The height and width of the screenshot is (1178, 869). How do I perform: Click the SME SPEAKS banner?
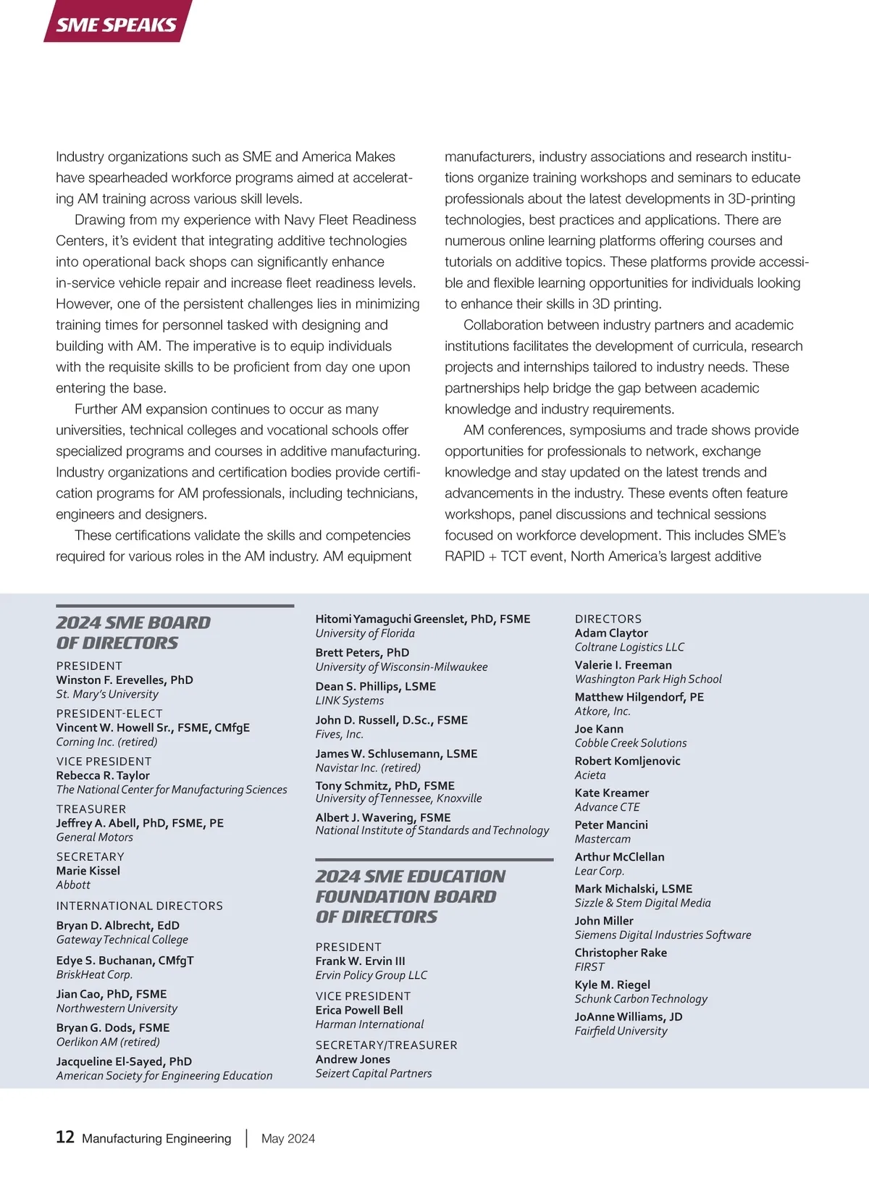point(117,24)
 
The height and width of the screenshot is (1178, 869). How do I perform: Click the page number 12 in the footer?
point(65,1137)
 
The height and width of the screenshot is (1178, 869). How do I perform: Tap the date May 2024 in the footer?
point(288,1138)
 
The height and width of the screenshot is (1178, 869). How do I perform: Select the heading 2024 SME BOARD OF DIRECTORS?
point(133,632)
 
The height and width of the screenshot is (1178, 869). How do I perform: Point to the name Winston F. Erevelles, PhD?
point(125,680)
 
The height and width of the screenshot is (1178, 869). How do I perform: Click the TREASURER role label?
point(91,809)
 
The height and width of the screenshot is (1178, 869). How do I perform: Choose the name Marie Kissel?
point(88,871)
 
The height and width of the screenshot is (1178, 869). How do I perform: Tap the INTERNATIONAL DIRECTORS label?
point(140,906)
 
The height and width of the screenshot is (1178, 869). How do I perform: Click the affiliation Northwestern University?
point(117,1008)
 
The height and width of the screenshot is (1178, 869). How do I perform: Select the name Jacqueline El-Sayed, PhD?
point(124,1061)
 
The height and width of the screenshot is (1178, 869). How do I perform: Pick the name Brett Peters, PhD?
point(362,652)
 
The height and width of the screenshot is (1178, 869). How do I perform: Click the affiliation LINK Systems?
point(350,701)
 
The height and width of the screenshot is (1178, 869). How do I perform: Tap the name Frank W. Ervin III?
point(360,961)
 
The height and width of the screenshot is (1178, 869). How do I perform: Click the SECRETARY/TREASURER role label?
point(386,1045)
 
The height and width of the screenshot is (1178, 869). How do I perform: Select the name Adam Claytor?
point(611,632)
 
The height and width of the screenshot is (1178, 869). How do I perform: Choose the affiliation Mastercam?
point(603,839)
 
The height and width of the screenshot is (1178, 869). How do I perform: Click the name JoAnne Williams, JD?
point(629,1016)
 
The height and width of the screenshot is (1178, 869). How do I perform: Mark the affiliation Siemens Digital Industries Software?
point(663,935)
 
